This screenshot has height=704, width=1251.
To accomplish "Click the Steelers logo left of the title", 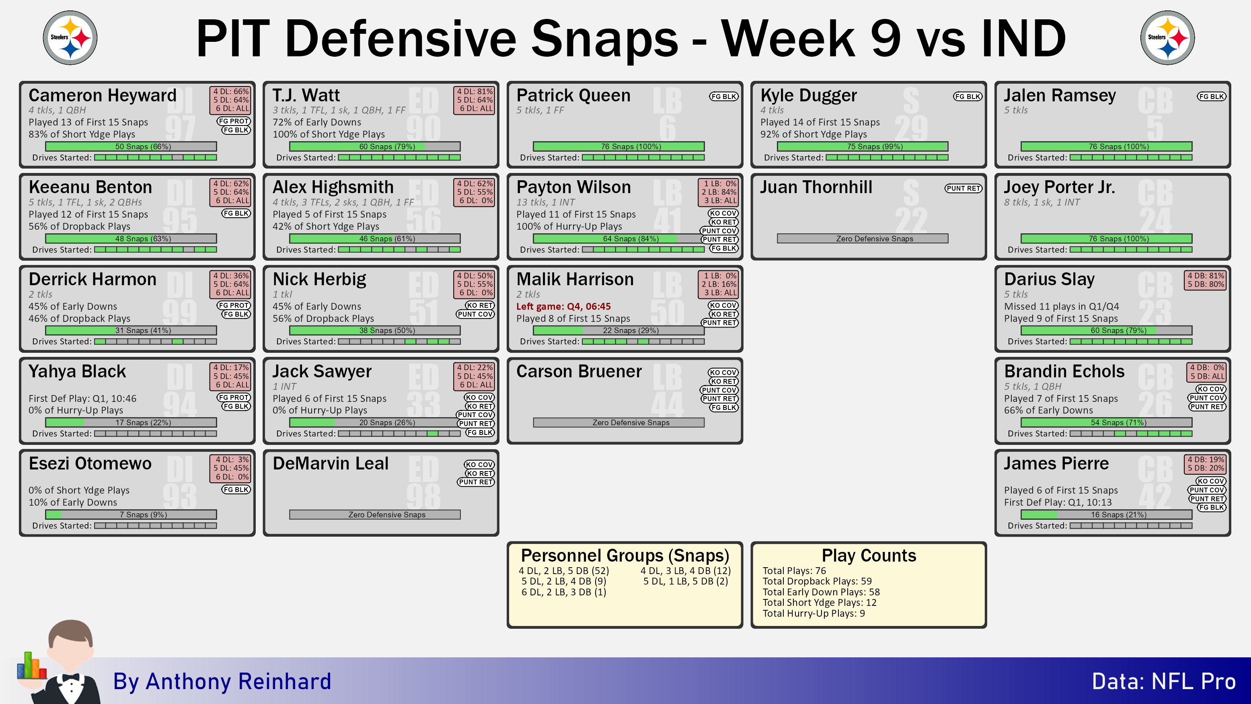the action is click(x=70, y=37).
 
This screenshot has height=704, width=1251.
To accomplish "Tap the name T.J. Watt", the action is click(x=306, y=95).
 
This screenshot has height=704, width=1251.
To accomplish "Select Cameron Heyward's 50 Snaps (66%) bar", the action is click(x=131, y=146).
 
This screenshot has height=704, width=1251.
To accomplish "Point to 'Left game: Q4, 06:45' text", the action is click(x=563, y=307).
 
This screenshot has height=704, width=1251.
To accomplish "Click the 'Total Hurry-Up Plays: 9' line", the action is click(x=813, y=613).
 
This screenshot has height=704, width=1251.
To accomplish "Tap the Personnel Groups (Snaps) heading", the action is click(x=625, y=555).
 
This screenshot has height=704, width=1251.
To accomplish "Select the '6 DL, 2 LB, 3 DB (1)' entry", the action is click(x=564, y=592).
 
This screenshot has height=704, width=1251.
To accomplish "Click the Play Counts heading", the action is click(x=869, y=555).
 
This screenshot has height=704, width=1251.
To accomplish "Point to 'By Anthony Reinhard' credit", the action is click(x=222, y=681).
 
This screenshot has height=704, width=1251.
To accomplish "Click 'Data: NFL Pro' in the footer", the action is click(x=1164, y=681).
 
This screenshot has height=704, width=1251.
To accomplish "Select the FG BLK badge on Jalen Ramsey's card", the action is click(x=1211, y=97).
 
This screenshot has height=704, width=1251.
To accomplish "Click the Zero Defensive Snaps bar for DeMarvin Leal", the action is click(x=375, y=515).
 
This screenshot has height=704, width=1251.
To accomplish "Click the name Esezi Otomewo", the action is click(x=90, y=463).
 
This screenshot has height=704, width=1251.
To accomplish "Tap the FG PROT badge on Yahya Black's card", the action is click(x=234, y=397).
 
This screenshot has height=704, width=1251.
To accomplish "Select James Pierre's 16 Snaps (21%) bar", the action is click(x=1106, y=515).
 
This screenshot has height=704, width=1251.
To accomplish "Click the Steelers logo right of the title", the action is click(x=1167, y=37).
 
